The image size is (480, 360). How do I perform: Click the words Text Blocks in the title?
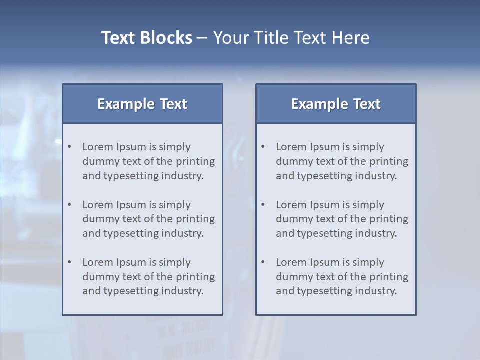(146, 38)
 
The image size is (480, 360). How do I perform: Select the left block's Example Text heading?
(142, 104)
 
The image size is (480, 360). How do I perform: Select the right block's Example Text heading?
(336, 104)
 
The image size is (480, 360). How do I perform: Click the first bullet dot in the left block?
(69, 147)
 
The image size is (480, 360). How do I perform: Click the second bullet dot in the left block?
(69, 205)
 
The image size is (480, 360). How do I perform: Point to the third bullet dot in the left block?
(69, 262)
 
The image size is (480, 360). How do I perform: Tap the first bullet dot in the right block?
(263, 147)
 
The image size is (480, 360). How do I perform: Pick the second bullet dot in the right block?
(263, 205)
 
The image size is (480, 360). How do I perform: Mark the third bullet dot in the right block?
(263, 262)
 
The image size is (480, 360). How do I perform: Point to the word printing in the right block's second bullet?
(390, 219)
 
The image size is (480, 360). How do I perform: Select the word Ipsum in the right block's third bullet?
(325, 262)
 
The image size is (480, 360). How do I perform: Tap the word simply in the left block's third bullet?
(175, 262)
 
